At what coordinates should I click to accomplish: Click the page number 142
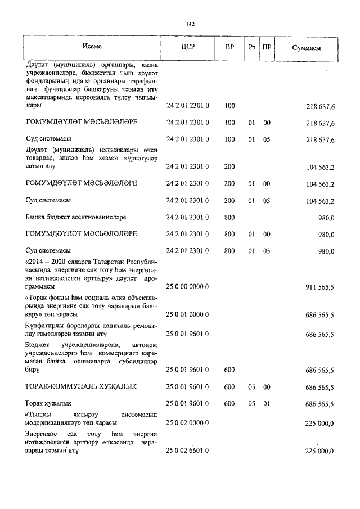190,24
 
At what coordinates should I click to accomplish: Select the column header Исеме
91,47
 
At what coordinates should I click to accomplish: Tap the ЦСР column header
188,48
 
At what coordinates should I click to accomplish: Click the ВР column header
229,48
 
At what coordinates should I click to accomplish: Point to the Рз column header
251,48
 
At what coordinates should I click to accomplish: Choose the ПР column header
267,48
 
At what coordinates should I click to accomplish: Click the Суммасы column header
306,48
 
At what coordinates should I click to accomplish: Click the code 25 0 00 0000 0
188,287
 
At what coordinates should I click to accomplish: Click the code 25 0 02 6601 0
188,451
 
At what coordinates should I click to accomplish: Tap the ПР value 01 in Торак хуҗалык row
267,404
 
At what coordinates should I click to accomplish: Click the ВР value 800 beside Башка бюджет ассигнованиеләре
229,217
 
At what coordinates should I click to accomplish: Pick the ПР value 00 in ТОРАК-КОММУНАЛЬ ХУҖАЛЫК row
267,387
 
